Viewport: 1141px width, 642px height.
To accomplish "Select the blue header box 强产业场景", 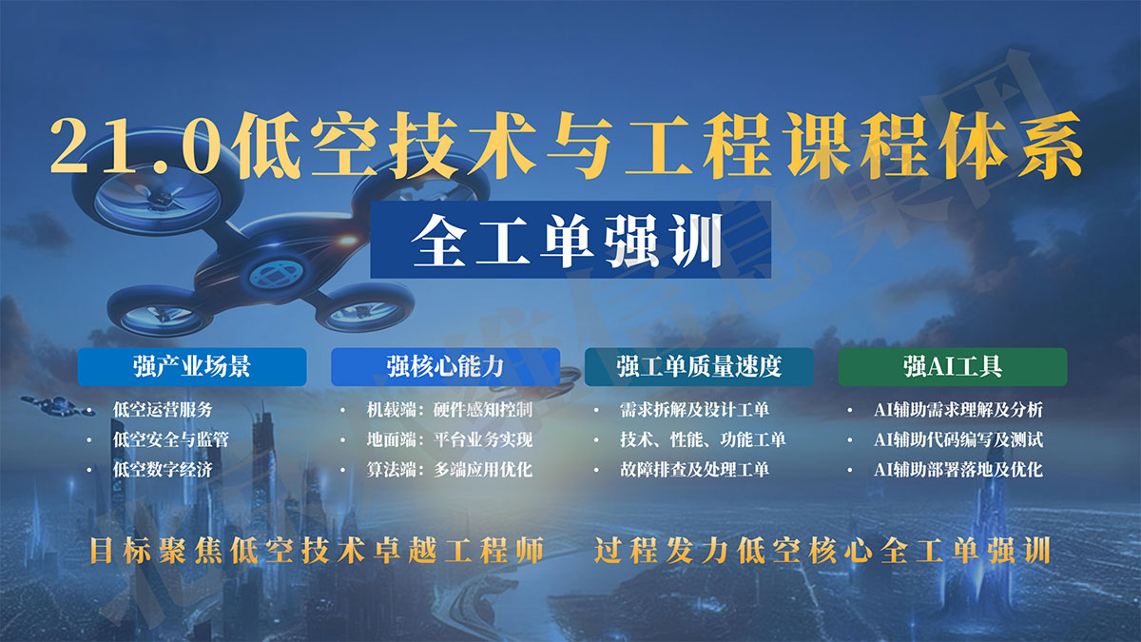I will tap(192, 366).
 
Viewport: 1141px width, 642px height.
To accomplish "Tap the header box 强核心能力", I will tap(445, 366).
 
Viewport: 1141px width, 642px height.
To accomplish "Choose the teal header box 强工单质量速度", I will tap(699, 366).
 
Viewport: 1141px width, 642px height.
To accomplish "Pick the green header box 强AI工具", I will tap(952, 366).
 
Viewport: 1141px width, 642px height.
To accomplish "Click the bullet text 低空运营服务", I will tap(163, 410).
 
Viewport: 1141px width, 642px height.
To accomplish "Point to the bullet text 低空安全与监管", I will tap(170, 439).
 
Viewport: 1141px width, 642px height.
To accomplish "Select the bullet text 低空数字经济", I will tap(163, 469).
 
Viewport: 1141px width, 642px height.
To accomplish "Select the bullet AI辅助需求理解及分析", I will tap(958, 410).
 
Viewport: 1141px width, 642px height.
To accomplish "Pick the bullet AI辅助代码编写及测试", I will tap(958, 439).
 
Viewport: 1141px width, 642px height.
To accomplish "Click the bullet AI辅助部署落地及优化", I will tap(958, 469).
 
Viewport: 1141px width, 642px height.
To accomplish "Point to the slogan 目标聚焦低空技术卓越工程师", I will tap(316, 552).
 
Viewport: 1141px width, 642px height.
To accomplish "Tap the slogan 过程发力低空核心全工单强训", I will tap(822, 552).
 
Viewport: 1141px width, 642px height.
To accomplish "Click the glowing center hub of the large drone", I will tap(275, 274).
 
